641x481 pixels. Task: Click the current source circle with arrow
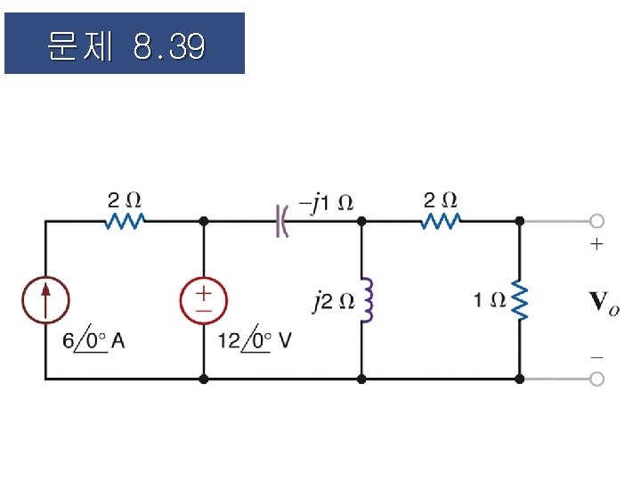click(45, 298)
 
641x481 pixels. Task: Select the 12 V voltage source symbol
click(204, 299)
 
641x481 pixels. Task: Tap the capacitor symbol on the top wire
click(282, 220)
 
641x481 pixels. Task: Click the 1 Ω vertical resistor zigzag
click(520, 300)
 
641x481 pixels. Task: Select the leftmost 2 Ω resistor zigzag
click(125, 220)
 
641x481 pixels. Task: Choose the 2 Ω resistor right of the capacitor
click(441, 220)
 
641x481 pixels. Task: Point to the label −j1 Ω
click(326, 202)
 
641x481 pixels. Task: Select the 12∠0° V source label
click(255, 340)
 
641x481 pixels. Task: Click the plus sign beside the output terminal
click(596, 243)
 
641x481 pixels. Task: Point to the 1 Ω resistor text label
click(489, 300)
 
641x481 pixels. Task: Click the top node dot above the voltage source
click(204, 220)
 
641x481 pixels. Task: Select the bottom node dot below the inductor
click(361, 379)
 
